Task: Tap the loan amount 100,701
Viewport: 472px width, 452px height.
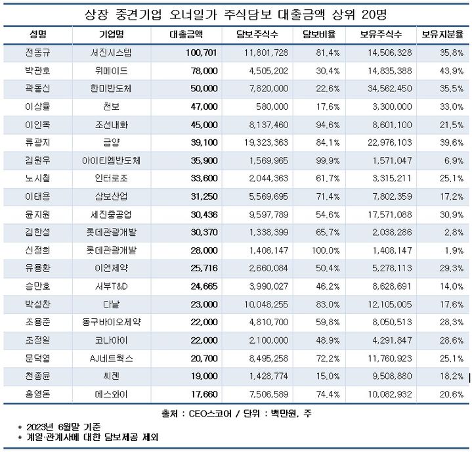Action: (x=202, y=53)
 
